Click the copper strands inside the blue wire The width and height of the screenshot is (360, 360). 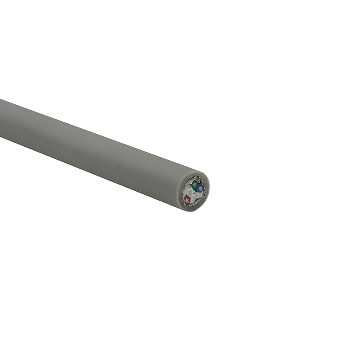[x=201, y=189]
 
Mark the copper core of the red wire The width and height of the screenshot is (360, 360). [x=187, y=200]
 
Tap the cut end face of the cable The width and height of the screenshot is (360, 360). [x=193, y=192]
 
